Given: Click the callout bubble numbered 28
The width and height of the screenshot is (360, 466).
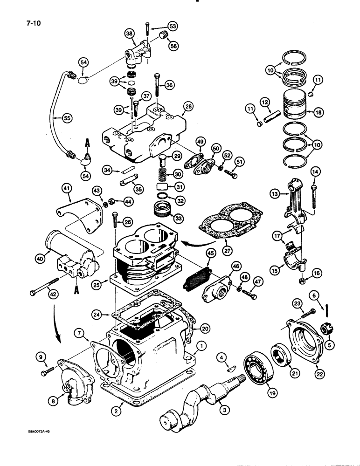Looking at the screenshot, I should click(188, 107).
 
